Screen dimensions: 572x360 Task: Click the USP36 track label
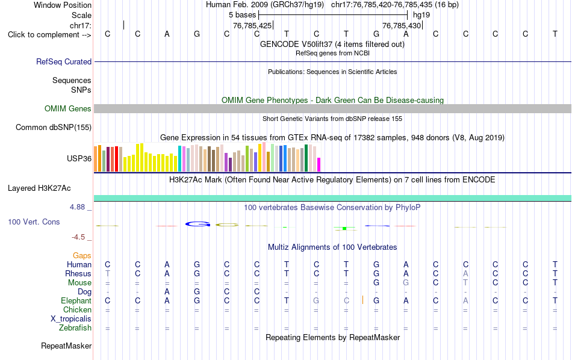79,159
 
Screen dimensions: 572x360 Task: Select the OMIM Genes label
68,109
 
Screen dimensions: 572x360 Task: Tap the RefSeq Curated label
64,61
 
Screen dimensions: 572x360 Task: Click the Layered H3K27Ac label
39,188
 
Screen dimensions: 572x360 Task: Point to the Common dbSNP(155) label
54,127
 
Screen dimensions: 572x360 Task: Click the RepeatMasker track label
66,346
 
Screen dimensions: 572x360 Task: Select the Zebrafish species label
75,328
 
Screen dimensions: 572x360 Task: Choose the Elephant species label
76,301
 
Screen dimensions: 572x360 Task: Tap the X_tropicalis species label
71,319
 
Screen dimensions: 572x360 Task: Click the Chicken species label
77,309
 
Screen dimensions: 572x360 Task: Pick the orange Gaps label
82,256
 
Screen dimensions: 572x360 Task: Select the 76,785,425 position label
252,25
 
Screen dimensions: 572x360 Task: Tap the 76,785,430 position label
402,25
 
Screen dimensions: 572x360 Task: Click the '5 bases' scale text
243,15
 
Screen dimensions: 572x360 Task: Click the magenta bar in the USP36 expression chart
319,164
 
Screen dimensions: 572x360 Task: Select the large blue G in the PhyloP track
198,224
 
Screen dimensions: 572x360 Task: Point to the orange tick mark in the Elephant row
362,300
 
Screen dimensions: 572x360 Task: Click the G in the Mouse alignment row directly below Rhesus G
376,283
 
